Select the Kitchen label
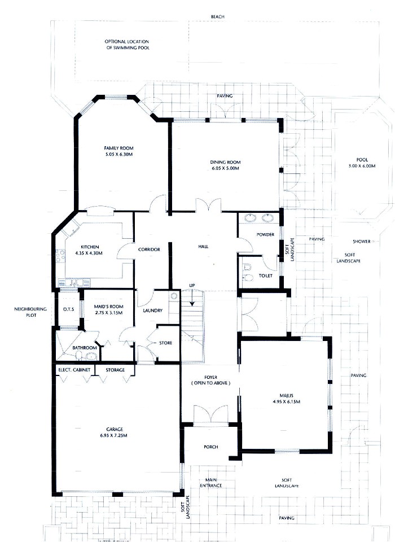(90, 247)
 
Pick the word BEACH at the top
(217, 17)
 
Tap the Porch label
(210, 447)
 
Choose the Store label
(165, 343)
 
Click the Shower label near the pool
(362, 241)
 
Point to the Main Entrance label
(210, 482)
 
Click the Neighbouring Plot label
(29, 313)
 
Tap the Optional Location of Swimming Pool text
(127, 45)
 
